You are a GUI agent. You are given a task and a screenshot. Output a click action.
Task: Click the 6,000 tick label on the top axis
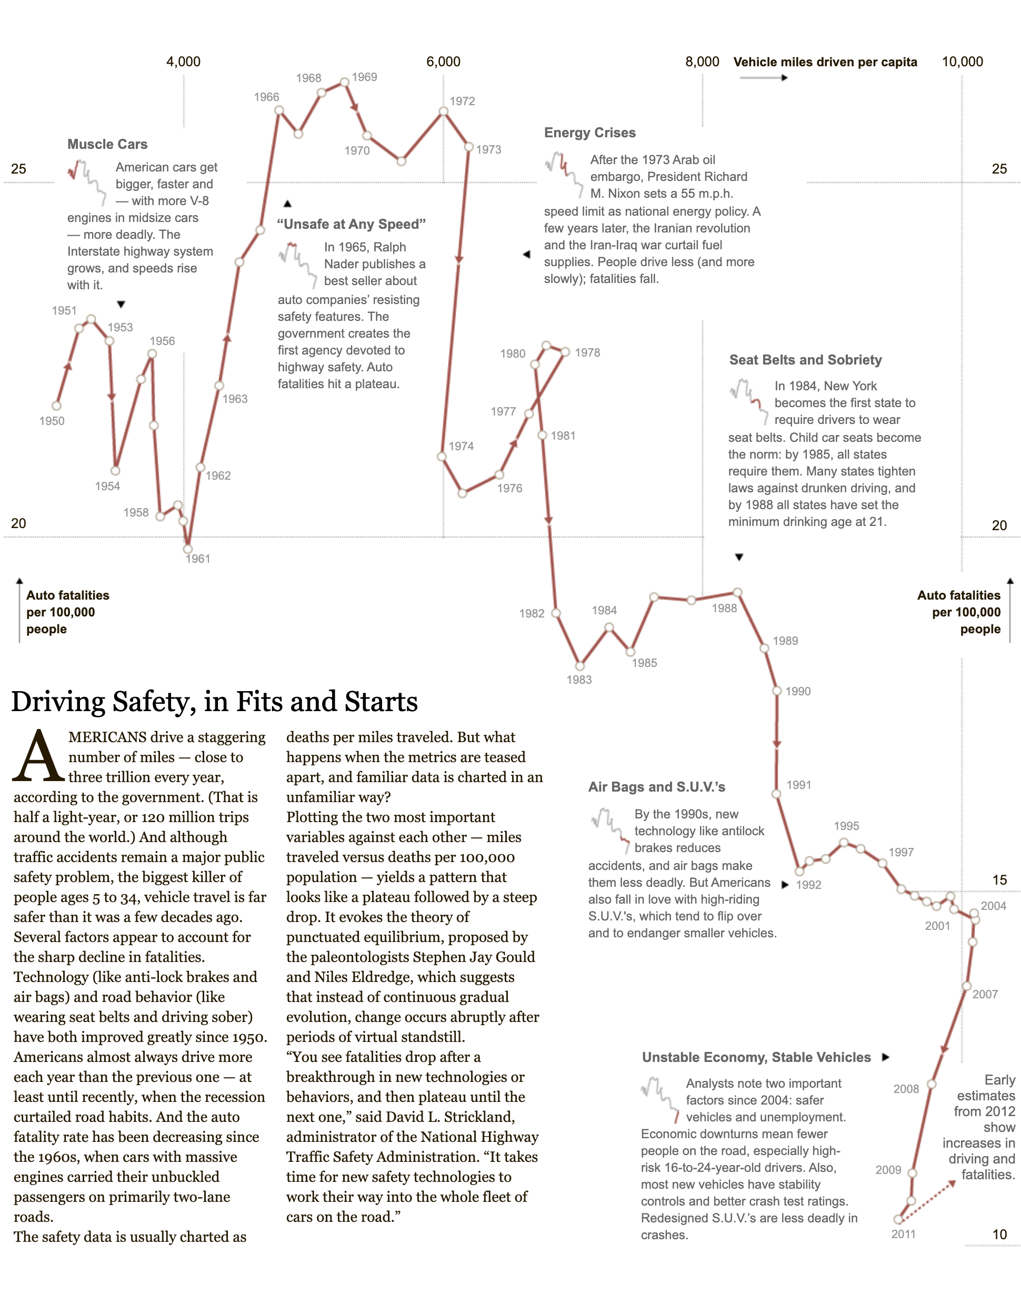pyautogui.click(x=443, y=62)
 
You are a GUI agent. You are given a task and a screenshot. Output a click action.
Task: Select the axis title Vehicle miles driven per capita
pyautogui.click(x=825, y=62)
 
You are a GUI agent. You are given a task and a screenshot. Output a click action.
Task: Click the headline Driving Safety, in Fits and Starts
pyautogui.click(x=215, y=702)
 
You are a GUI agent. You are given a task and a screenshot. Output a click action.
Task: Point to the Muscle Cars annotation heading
pyautogui.click(x=107, y=144)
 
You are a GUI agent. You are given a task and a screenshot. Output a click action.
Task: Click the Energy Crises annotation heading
pyautogui.click(x=589, y=133)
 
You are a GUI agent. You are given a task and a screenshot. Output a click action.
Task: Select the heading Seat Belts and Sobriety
pyautogui.click(x=805, y=360)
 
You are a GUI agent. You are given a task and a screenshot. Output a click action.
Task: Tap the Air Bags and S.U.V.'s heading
pyautogui.click(x=656, y=787)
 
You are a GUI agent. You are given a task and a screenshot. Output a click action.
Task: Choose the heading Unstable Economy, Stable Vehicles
pyautogui.click(x=756, y=1057)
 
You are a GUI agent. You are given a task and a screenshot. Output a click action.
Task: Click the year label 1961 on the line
pyautogui.click(x=198, y=559)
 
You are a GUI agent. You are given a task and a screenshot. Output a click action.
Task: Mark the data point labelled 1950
pyautogui.click(x=57, y=406)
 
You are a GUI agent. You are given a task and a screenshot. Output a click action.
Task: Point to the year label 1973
pyautogui.click(x=488, y=149)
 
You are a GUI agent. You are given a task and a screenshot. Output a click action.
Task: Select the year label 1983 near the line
pyautogui.click(x=578, y=680)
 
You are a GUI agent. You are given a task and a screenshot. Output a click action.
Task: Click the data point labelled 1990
pyautogui.click(x=776, y=691)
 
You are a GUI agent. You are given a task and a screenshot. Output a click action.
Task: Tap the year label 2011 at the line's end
pyautogui.click(x=903, y=1234)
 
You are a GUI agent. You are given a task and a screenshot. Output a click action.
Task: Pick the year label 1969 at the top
pyautogui.click(x=364, y=77)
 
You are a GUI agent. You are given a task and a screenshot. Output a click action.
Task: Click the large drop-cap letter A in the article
pyautogui.click(x=38, y=756)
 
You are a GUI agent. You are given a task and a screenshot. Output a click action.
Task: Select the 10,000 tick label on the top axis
pyautogui.click(x=962, y=62)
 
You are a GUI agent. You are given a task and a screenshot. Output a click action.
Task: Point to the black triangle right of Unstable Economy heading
pyautogui.click(x=886, y=1057)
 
